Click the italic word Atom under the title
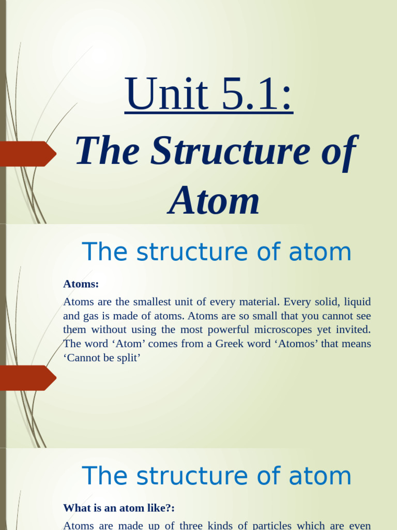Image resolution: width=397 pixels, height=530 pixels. [213, 201]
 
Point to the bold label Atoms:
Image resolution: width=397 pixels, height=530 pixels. [81, 284]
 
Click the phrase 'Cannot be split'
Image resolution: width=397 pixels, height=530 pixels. [102, 358]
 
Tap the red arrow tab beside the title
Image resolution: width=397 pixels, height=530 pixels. [28, 154]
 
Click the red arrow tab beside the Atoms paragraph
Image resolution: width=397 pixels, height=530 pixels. [28, 378]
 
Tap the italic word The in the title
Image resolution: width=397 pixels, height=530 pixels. [108, 151]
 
